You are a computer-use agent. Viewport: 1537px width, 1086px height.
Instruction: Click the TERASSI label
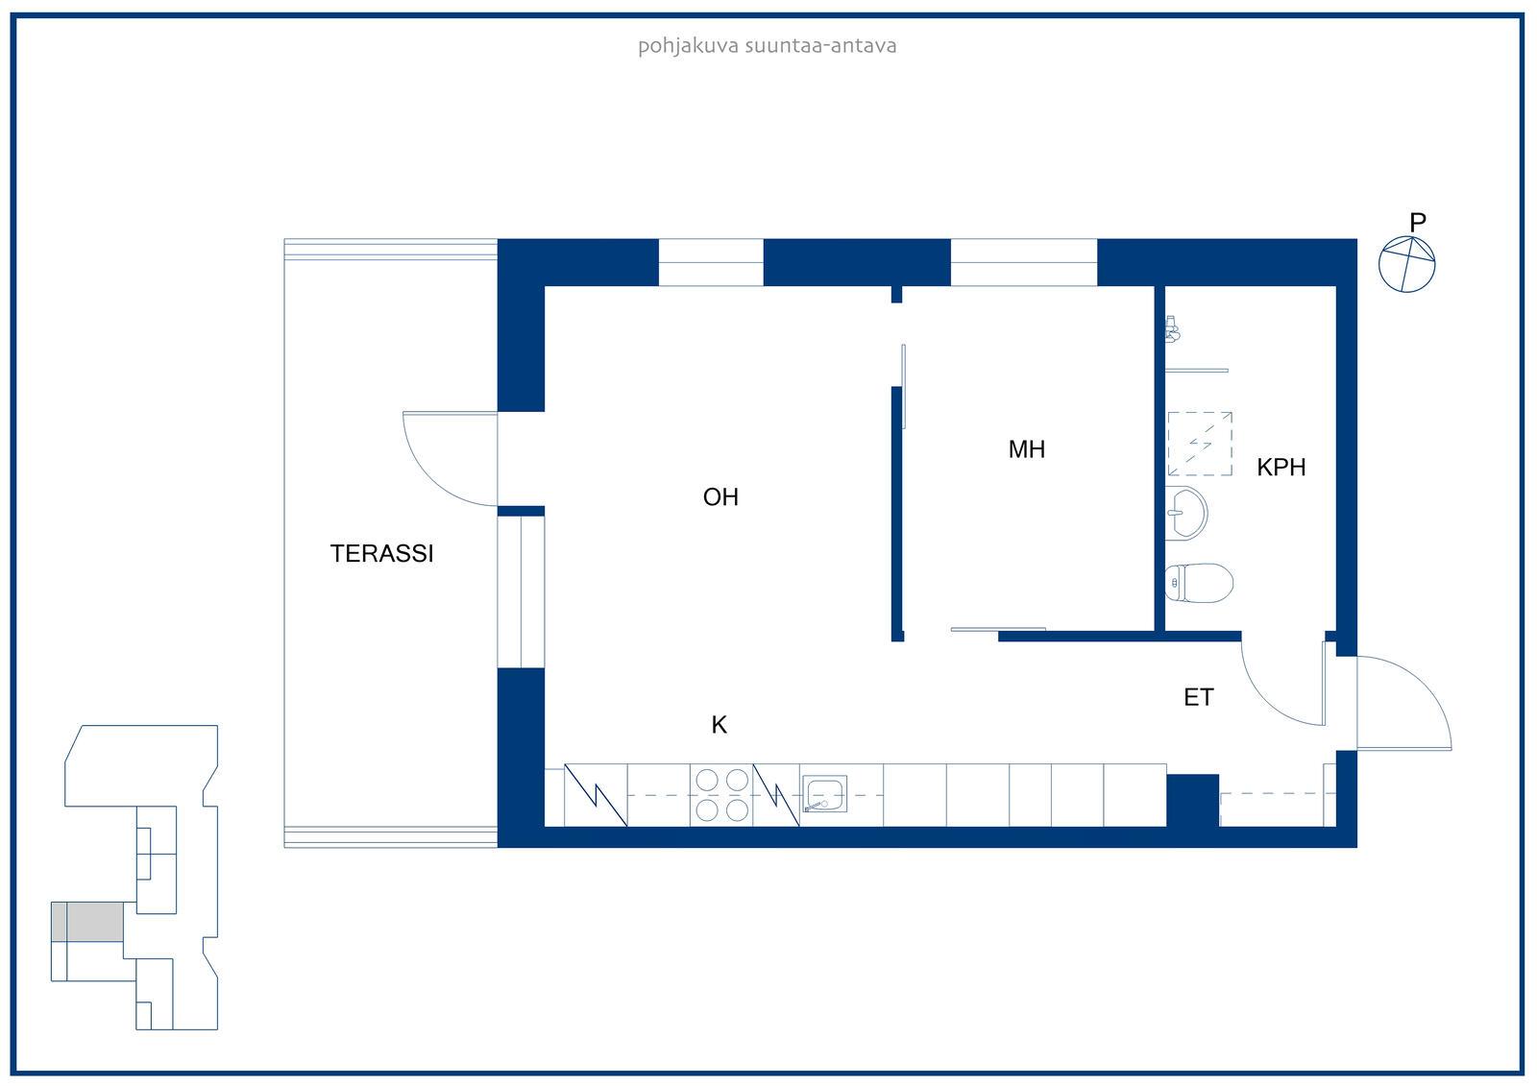(381, 554)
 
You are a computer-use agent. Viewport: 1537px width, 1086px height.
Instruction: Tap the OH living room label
(720, 496)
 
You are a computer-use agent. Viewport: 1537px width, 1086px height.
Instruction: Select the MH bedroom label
(1027, 449)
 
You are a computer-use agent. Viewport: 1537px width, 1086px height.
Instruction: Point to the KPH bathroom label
(1281, 468)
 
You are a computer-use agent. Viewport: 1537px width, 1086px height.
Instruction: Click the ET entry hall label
(1199, 698)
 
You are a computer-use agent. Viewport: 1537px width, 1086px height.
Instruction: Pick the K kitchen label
(720, 724)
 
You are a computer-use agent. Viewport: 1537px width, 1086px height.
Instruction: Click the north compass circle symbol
(1406, 264)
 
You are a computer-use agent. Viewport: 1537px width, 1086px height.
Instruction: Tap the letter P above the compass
(1418, 222)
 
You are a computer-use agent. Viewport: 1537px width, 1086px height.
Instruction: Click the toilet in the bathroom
(1199, 583)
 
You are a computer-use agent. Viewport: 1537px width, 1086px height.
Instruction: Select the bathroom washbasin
(1185, 513)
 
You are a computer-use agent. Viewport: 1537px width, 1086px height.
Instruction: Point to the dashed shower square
(1200, 444)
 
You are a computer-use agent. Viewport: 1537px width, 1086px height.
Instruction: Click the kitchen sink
(824, 794)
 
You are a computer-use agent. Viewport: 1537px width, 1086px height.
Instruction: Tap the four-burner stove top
(721, 795)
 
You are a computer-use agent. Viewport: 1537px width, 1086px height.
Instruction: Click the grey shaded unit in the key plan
(87, 922)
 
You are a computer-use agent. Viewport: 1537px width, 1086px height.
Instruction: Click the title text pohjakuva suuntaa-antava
(768, 46)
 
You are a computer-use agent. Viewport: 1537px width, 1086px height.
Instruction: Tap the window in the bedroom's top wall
(1024, 262)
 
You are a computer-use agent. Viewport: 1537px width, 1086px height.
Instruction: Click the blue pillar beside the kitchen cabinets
(1192, 801)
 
